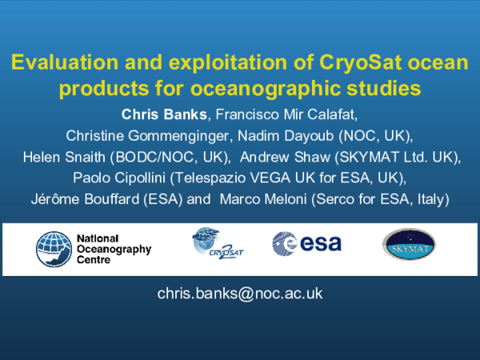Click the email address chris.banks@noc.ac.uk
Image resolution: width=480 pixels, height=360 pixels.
(x=240, y=293)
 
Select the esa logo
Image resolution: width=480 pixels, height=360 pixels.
(x=306, y=243)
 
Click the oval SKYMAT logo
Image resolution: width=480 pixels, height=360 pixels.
(x=409, y=245)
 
